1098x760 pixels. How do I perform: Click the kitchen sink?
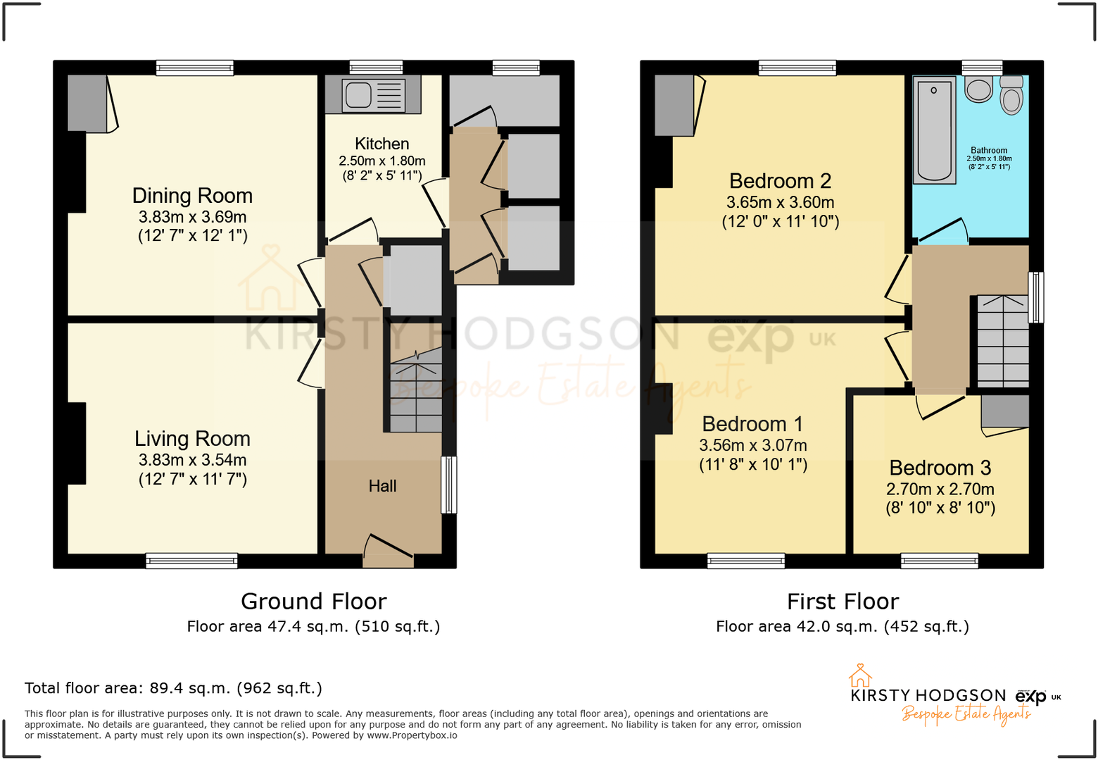[374, 95]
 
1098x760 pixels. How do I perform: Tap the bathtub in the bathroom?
[934, 130]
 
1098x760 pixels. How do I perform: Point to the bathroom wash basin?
[978, 89]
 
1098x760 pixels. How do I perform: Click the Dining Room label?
[192, 196]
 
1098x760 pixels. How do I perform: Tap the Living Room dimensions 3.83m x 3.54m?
[192, 460]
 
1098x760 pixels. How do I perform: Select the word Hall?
[382, 486]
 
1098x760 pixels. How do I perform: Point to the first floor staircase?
[1003, 341]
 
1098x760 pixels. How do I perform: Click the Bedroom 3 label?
[940, 468]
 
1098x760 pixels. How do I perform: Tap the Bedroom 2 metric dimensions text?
[780, 202]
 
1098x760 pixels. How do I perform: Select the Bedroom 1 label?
[752, 424]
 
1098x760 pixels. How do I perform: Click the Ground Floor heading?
[313, 602]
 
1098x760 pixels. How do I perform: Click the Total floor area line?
[173, 688]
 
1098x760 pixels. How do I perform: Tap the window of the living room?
[191, 561]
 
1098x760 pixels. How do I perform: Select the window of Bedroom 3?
[939, 561]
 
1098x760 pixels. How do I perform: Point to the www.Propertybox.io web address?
[412, 735]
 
